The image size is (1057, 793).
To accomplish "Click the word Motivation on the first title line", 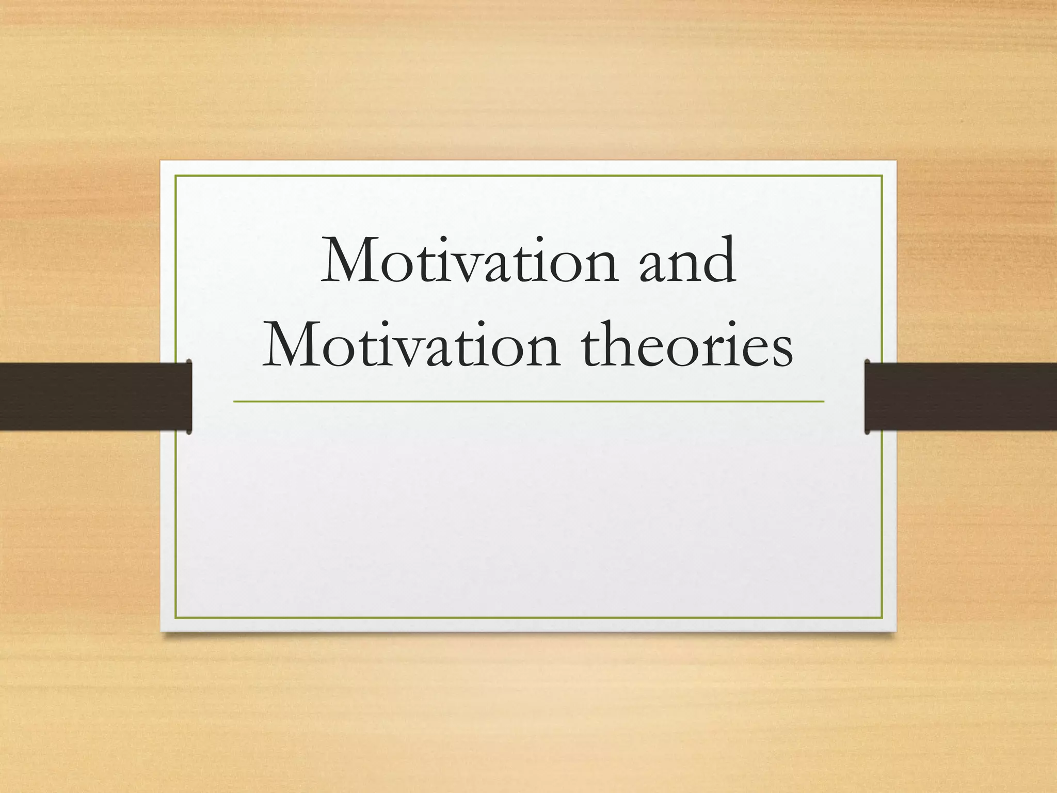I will point(469,261).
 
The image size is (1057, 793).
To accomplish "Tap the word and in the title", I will point(687,261).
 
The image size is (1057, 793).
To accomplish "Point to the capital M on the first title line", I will point(351,261).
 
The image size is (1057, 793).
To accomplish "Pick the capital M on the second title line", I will point(293,343).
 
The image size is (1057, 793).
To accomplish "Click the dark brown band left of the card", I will point(93,396).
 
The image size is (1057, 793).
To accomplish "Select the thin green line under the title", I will point(528,401).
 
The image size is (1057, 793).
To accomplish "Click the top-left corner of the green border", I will point(176,176).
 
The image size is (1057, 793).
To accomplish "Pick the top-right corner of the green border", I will point(882,176).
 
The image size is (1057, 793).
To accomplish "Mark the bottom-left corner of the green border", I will point(176,617).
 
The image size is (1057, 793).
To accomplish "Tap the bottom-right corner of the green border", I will point(882,617).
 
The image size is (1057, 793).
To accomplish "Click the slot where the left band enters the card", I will point(189,396).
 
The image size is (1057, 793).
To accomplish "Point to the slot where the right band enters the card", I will point(867,396).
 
